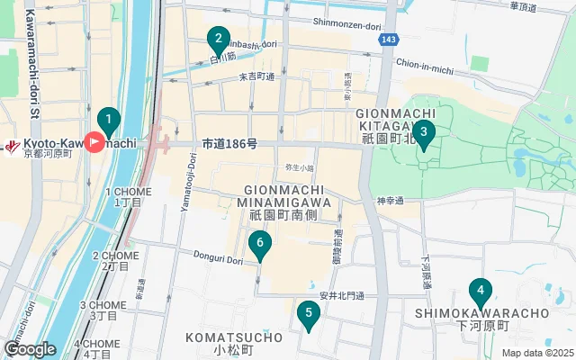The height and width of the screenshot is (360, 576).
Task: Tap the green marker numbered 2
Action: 217,40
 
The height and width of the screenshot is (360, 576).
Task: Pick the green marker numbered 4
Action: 481,292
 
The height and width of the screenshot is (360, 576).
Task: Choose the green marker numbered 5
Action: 309,314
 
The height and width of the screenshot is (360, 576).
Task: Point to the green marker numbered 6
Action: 259,242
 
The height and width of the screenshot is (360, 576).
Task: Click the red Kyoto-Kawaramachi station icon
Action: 94,142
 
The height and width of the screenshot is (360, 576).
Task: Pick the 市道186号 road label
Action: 229,143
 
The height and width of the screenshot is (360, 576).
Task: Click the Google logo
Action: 30,348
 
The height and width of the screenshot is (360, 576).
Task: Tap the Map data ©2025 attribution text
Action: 536,354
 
